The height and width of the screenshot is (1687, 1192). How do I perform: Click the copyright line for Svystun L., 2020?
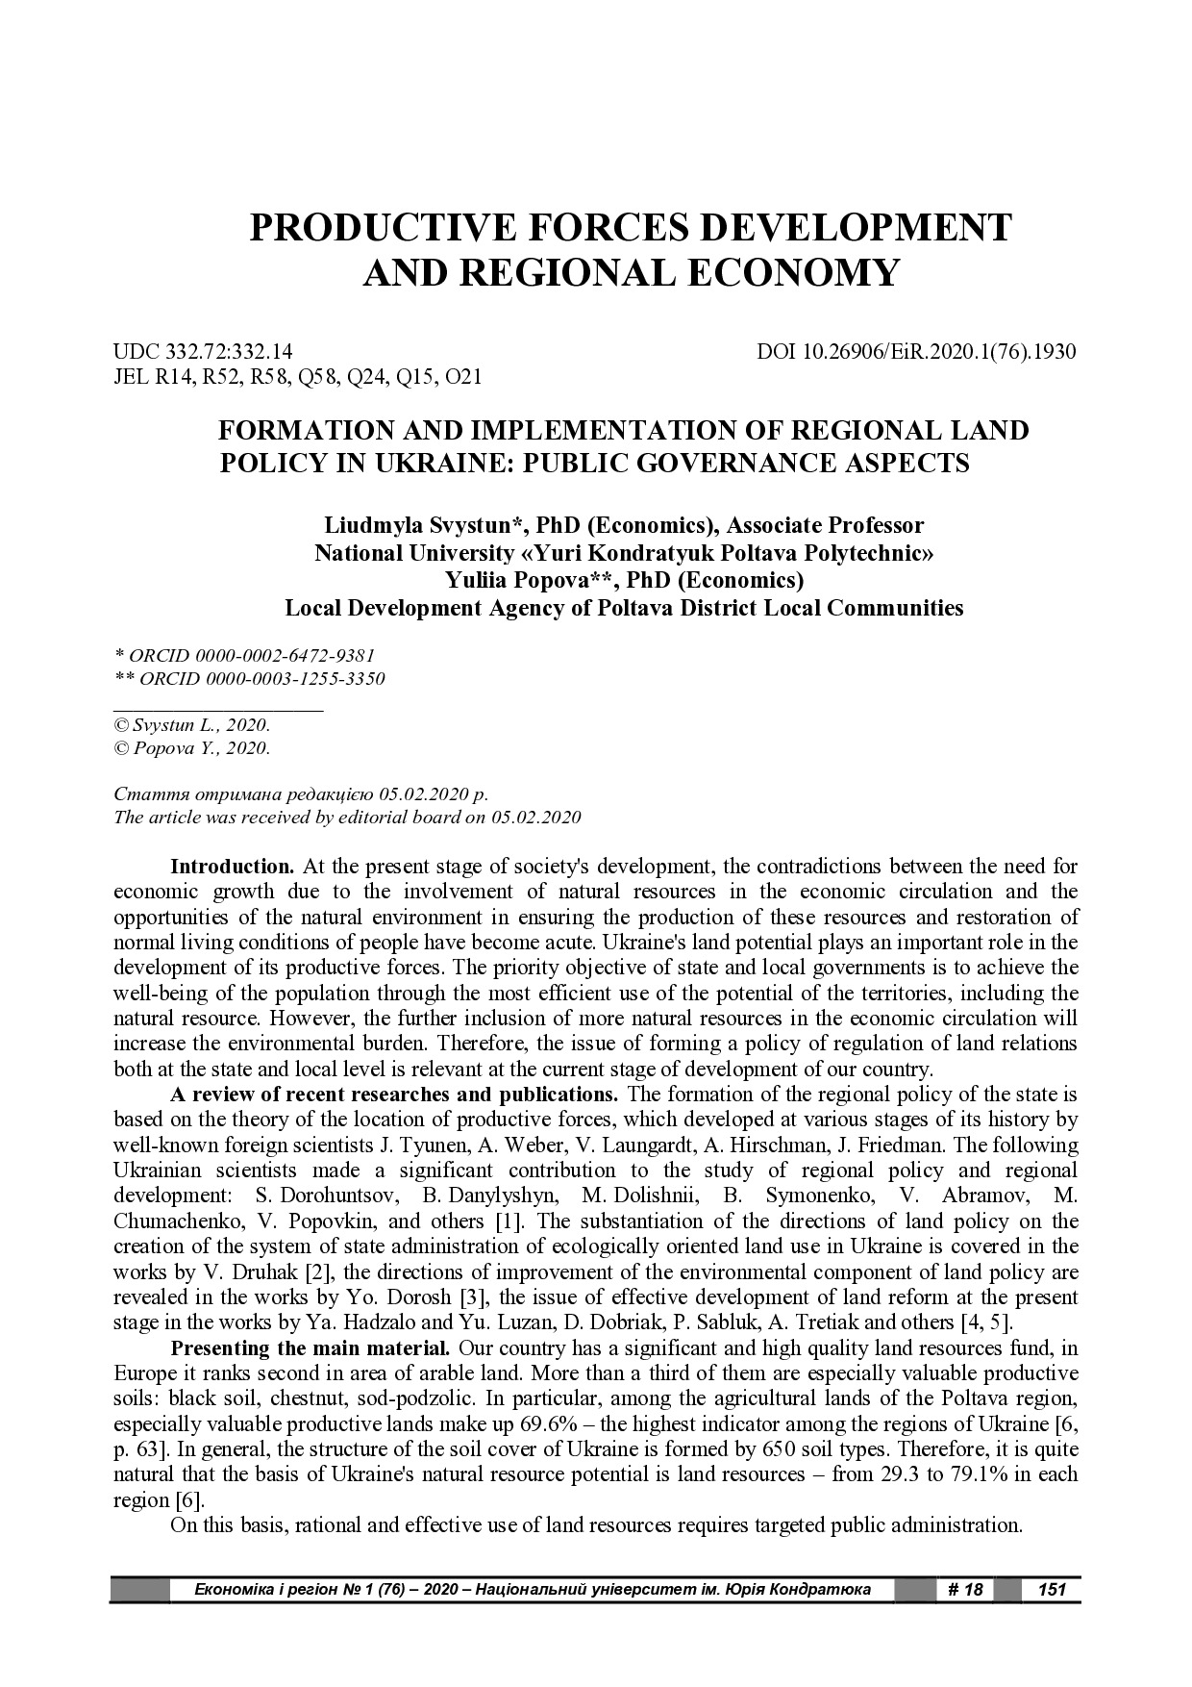pyautogui.click(x=192, y=726)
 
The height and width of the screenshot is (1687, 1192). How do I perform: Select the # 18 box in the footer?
pyautogui.click(x=964, y=1590)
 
